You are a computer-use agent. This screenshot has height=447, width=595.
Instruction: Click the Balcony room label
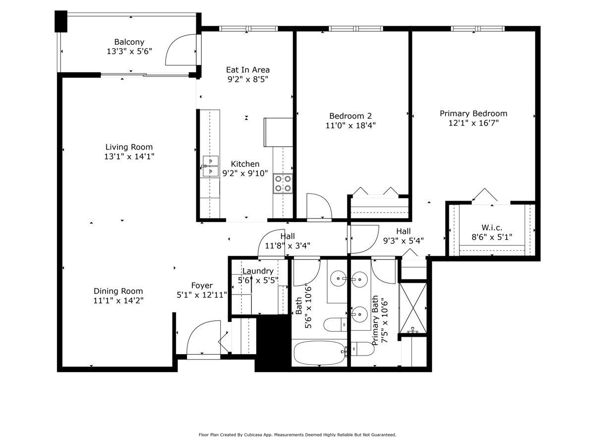[129, 42]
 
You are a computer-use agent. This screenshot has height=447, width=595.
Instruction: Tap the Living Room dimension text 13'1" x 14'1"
[129, 156]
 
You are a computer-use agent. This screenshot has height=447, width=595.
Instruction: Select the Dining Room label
[118, 291]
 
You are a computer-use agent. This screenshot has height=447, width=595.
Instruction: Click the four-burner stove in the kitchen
[283, 183]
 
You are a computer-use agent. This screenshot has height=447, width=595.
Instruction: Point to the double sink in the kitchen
[211, 166]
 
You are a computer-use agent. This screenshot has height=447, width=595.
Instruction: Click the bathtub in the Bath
[320, 353]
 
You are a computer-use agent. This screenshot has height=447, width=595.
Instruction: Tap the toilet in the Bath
[335, 324]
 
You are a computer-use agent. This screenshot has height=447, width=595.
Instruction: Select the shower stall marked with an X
[413, 308]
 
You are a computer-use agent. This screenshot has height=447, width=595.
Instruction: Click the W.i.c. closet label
[492, 227]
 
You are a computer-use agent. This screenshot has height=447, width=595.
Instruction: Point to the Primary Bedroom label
[474, 113]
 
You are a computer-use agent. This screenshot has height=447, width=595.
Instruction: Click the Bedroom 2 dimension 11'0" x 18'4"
[351, 126]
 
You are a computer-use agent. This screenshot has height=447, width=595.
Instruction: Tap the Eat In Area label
[248, 70]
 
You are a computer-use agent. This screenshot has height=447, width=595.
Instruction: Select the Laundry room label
[258, 271]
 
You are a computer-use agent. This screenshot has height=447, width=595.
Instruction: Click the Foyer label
[202, 286]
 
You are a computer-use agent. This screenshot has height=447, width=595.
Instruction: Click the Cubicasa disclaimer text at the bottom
[297, 435]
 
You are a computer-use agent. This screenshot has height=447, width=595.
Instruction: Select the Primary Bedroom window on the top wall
[477, 28]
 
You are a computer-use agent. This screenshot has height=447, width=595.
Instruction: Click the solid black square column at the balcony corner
[61, 21]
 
